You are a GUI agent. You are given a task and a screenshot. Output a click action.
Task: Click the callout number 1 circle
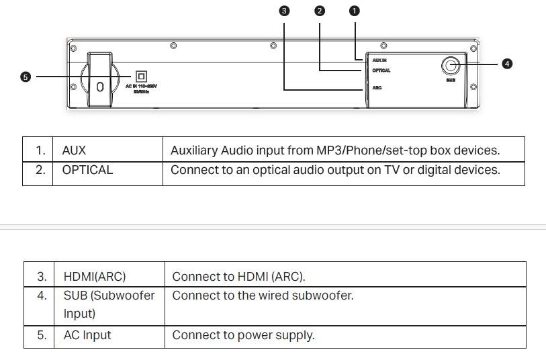[355, 11]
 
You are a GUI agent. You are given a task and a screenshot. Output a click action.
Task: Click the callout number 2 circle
[319, 11]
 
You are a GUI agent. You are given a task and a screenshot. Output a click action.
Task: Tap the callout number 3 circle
[284, 11]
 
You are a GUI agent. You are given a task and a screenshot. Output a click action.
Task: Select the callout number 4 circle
[507, 64]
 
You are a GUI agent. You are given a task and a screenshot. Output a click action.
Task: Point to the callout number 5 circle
[26, 77]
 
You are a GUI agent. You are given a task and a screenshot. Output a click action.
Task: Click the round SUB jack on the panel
[450, 65]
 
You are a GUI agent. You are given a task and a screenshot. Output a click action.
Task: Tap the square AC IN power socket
[141, 77]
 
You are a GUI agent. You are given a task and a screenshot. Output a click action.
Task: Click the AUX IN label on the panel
[379, 60]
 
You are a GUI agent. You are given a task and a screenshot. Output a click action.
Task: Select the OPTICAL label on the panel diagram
[381, 71]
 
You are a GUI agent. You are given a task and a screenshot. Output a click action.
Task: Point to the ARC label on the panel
[377, 88]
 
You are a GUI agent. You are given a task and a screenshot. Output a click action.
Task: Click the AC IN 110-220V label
[141, 87]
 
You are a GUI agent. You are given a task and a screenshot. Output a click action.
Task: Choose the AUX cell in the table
[74, 150]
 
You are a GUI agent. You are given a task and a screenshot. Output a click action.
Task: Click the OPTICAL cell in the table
[87, 170]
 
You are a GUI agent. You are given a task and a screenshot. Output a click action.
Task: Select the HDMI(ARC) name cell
[95, 276]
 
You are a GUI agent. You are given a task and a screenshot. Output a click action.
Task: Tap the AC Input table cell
[87, 335]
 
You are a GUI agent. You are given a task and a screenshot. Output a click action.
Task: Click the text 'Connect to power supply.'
[243, 335]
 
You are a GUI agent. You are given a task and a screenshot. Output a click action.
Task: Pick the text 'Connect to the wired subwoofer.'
[263, 295]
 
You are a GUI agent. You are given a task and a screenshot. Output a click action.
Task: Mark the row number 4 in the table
[42, 295]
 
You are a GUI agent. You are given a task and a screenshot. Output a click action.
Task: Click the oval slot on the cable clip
[100, 87]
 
